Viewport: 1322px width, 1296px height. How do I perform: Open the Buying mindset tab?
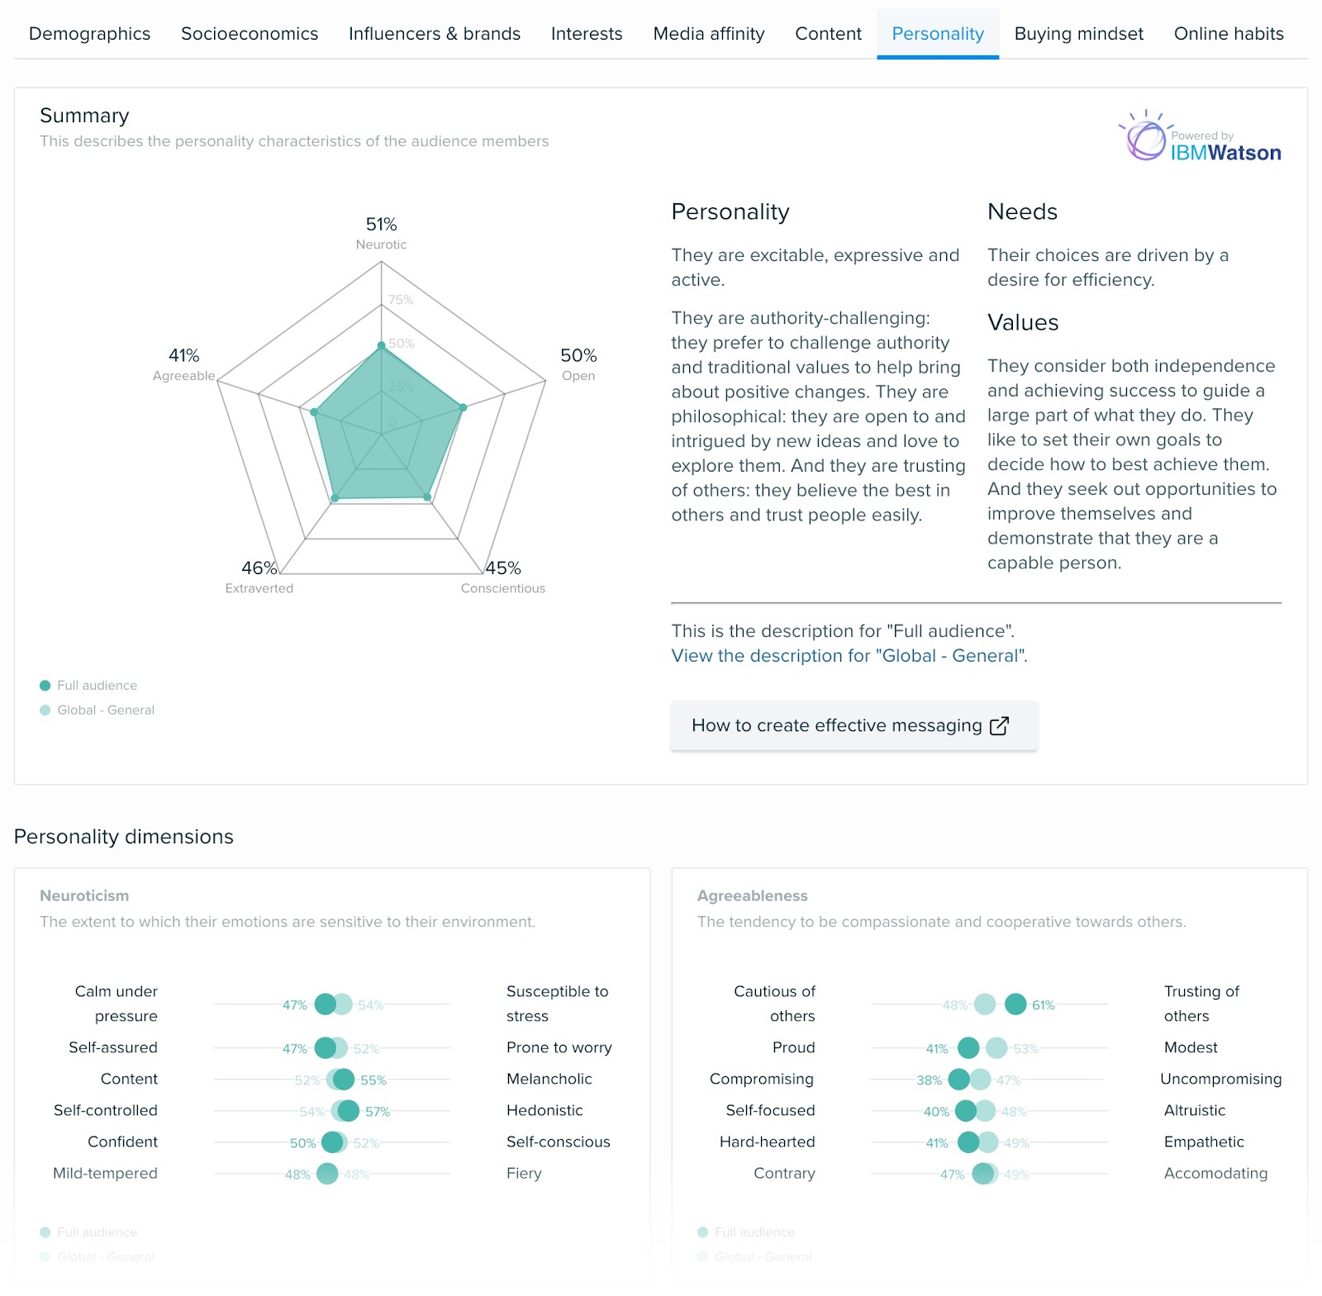(1078, 34)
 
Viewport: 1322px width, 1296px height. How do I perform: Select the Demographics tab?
(89, 34)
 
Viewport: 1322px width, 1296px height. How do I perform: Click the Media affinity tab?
(708, 34)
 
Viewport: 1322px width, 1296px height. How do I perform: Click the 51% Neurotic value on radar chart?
(381, 225)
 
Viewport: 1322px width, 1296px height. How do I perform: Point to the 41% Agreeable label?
(183, 356)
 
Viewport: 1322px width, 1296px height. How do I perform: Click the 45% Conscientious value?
(503, 568)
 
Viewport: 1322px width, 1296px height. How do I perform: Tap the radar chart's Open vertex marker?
(463, 407)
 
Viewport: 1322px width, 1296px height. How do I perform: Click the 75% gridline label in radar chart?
(401, 300)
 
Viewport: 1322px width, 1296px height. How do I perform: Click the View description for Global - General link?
(849, 656)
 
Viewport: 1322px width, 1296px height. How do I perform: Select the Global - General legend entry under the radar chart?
(106, 710)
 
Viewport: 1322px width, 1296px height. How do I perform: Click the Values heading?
(1022, 323)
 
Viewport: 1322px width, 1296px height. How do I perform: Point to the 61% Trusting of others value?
(1043, 1005)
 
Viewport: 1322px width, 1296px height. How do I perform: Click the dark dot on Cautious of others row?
(1015, 1004)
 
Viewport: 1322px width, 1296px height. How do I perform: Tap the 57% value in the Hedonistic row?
(378, 1112)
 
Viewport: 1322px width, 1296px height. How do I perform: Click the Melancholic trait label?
(549, 1079)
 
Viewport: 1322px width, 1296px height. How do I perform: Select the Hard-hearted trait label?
(767, 1142)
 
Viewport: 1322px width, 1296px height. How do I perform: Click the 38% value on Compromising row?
(929, 1080)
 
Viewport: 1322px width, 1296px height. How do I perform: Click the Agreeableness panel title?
(752, 895)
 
